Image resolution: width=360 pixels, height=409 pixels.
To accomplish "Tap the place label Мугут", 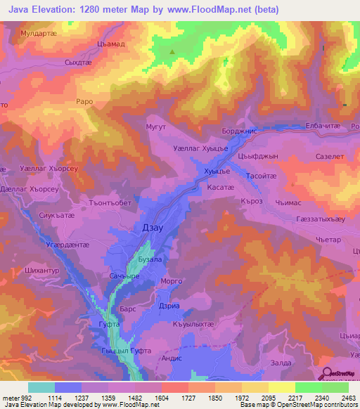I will [155, 126].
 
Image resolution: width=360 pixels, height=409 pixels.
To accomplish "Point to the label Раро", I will [84, 102].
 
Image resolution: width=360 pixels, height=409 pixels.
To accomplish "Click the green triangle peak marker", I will [173, 51].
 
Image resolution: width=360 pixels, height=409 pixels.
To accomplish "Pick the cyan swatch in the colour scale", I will [41, 387].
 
